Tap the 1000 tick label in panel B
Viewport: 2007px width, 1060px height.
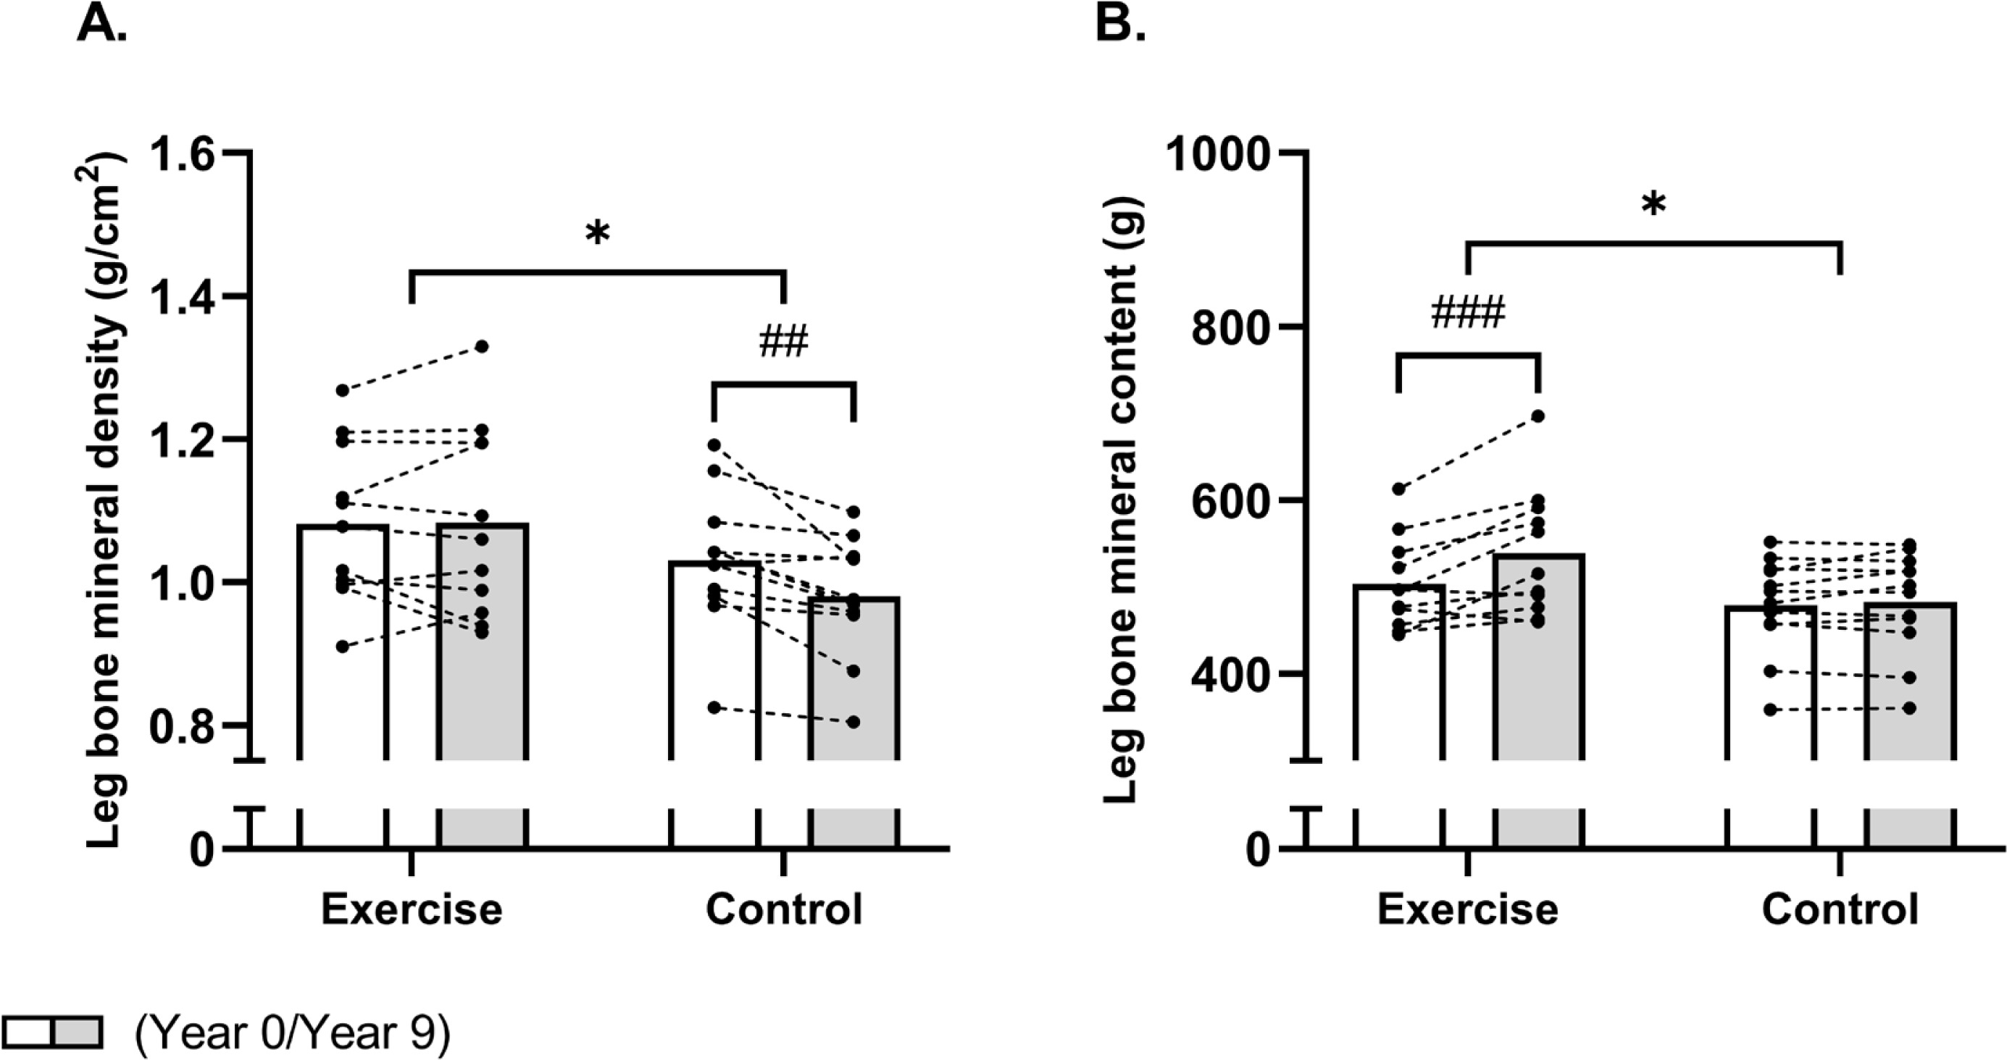click(1219, 154)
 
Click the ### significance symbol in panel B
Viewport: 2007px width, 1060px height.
click(1468, 314)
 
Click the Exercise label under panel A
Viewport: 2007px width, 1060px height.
click(412, 909)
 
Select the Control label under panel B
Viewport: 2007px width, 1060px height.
click(1840, 909)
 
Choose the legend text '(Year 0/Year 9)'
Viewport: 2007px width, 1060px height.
click(292, 1033)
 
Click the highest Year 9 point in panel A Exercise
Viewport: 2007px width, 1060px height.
click(483, 347)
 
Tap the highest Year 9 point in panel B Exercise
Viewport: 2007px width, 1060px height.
click(1539, 416)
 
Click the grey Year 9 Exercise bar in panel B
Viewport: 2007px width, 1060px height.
click(1539, 662)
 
